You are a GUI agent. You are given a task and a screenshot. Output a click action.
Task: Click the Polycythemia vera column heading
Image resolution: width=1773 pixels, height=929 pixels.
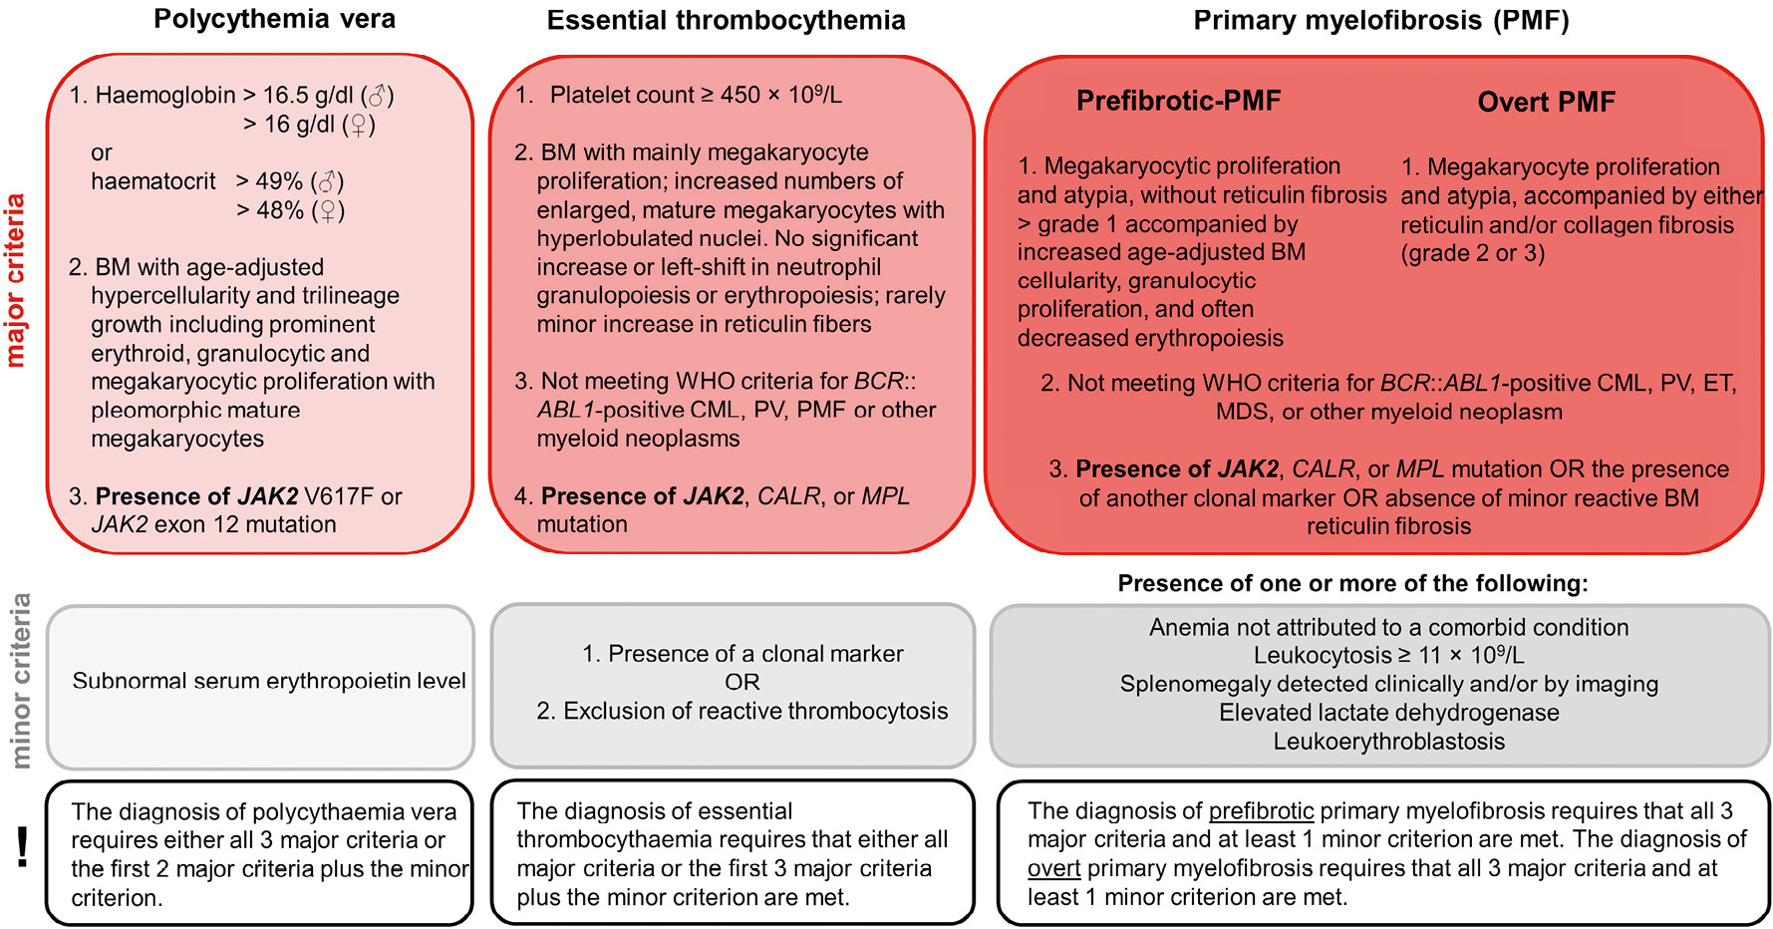274,19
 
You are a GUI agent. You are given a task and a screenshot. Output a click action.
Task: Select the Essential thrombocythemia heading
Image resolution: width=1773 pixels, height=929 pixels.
726,20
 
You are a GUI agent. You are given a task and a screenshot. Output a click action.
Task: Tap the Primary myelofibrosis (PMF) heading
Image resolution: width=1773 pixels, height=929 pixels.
1380,20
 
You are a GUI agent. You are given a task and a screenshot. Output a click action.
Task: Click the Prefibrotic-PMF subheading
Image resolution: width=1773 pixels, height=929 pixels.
1178,101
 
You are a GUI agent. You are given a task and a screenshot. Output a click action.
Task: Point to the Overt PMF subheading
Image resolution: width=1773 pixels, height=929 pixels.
1545,102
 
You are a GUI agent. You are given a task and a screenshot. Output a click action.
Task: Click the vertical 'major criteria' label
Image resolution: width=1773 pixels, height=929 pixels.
15,281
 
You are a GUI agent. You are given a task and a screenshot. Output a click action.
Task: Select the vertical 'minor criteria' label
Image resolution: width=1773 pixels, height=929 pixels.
20,682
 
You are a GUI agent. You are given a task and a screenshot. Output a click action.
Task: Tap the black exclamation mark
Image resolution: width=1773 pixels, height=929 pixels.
22,848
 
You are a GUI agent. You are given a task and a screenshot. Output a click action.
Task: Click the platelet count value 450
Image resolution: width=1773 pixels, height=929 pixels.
739,96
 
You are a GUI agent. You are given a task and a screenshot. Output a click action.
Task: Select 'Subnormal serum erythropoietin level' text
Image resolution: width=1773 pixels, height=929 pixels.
268,681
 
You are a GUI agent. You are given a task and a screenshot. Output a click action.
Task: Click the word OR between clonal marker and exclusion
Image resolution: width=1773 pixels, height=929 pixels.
741,683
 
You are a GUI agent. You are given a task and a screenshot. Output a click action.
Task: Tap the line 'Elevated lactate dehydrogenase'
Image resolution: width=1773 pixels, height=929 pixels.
1388,713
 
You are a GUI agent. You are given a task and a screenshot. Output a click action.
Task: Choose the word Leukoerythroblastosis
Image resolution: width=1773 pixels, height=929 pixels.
1388,742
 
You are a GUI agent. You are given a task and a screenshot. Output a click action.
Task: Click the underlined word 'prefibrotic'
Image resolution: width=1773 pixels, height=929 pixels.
1261,811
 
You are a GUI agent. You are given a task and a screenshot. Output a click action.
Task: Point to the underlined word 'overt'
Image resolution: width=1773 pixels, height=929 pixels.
1053,869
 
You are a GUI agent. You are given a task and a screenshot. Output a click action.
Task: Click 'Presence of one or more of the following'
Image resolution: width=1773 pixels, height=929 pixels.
1352,584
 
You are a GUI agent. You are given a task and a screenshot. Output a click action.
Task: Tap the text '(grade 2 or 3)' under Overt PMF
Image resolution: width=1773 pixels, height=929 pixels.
1472,254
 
